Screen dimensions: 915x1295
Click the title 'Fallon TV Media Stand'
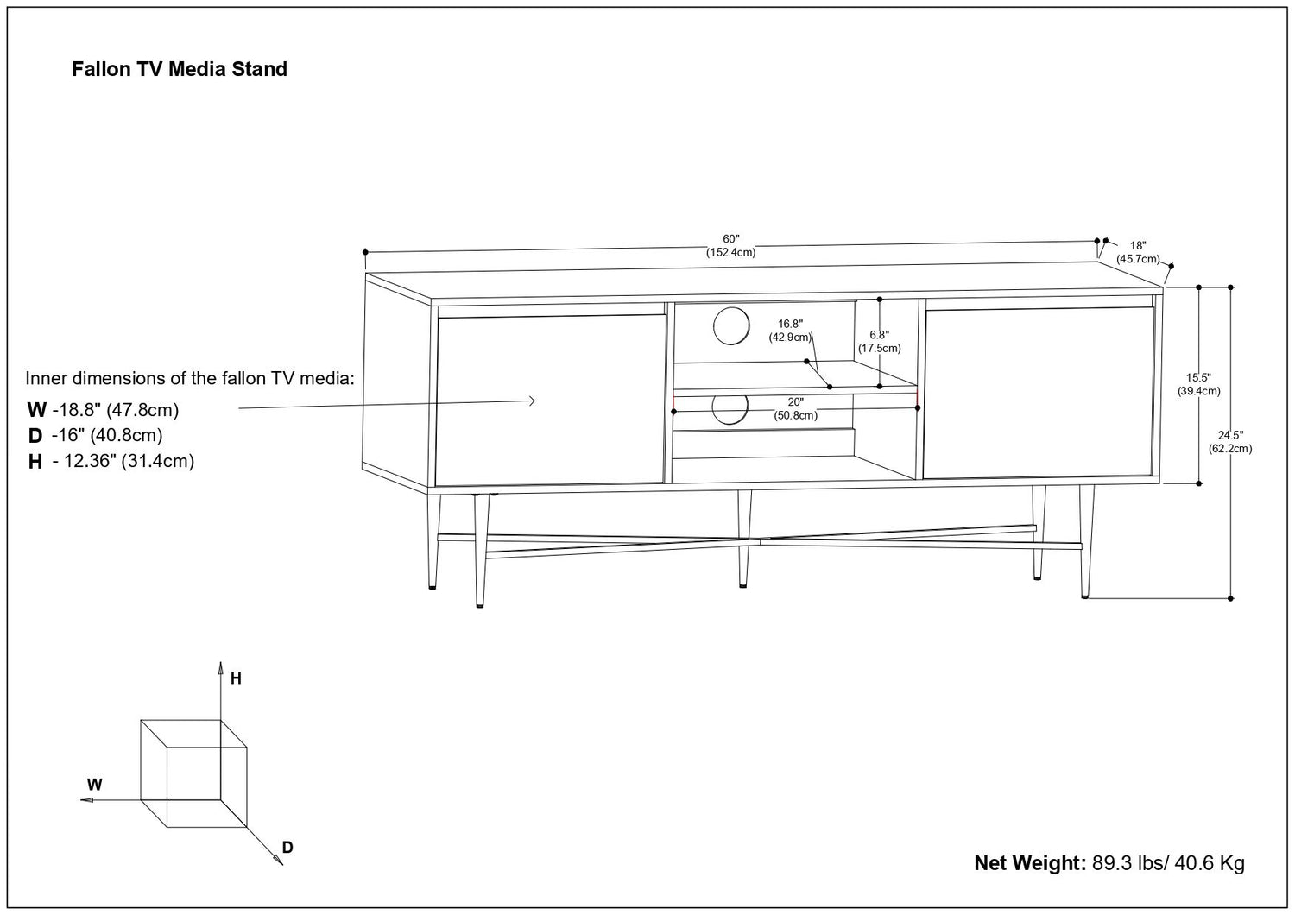[180, 69]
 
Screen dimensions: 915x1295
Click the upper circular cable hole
[732, 325]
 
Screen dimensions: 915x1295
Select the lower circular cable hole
[730, 408]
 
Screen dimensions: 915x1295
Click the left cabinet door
[551, 400]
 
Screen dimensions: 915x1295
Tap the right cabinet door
[1039, 393]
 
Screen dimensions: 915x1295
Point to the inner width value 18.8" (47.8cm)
[116, 410]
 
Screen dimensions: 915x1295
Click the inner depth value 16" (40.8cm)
[107, 436]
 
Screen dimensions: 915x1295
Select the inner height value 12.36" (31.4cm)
[123, 461]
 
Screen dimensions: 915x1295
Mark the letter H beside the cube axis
[236, 678]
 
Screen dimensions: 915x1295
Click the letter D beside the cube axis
[287, 847]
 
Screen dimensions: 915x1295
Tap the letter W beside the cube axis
[95, 785]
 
